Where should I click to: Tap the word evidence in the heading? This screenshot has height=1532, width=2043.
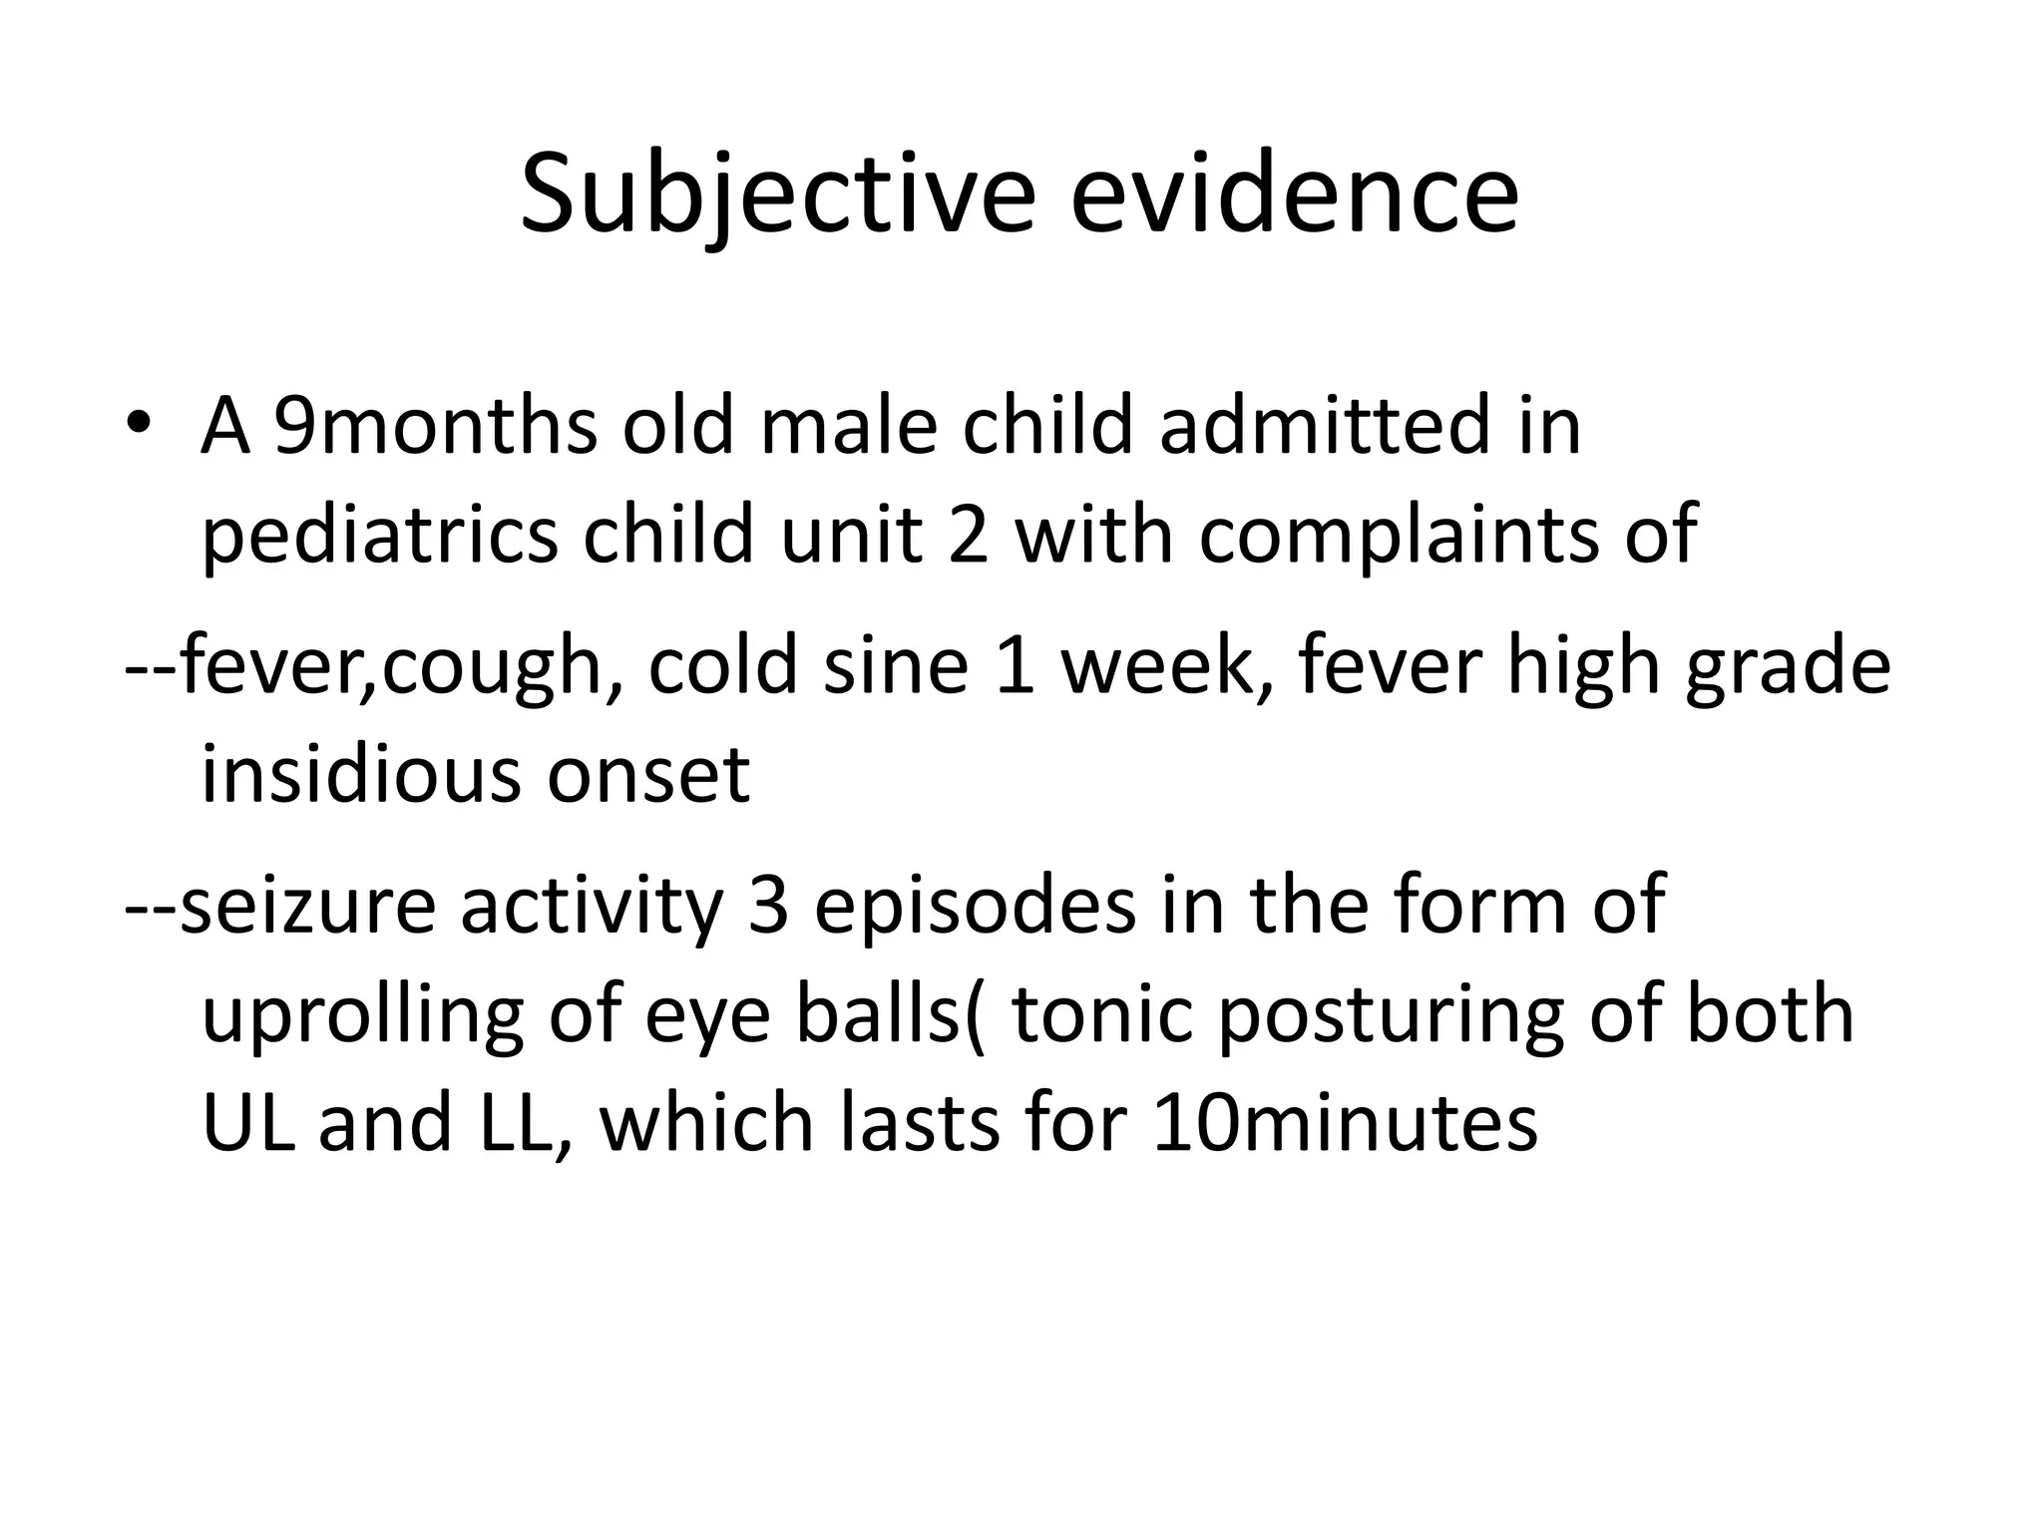(1294, 194)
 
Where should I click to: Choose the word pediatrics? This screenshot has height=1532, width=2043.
(379, 535)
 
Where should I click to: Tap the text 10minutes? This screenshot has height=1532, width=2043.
(1345, 1123)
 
